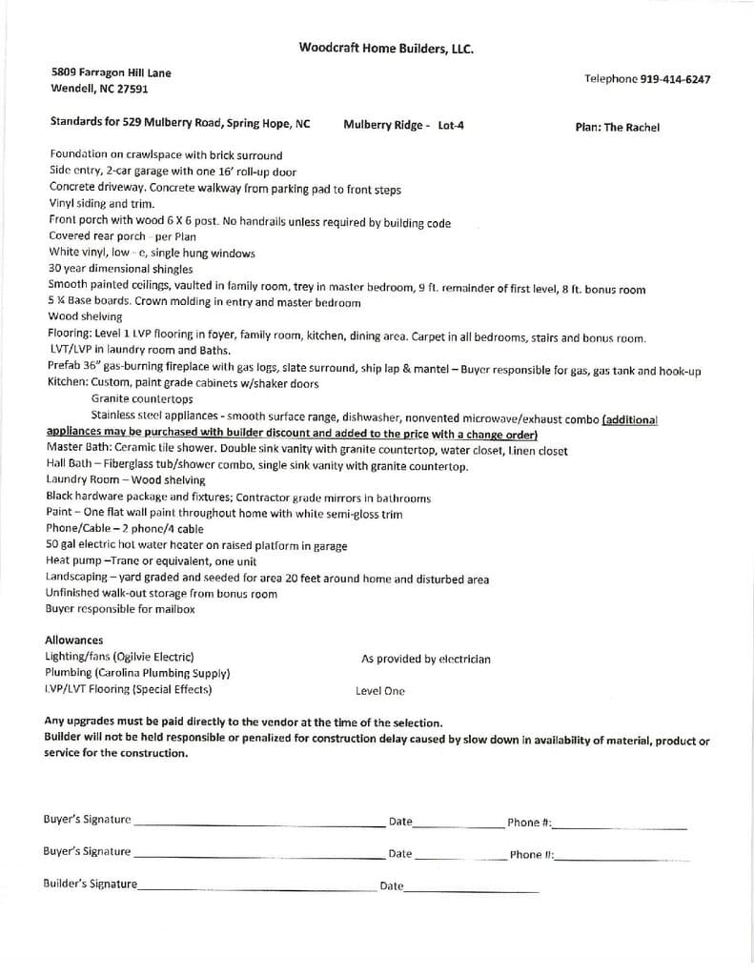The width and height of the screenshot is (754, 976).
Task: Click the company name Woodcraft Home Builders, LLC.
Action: (385, 48)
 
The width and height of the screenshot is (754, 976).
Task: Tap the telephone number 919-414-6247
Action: (674, 79)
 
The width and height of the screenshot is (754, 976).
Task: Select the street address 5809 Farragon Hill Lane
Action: (112, 72)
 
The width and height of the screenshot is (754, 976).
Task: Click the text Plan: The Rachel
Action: (617, 127)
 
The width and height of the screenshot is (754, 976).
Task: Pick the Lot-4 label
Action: (451, 125)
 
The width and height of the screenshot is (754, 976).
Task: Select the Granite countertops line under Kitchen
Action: (142, 398)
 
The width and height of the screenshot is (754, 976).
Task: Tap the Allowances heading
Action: (74, 640)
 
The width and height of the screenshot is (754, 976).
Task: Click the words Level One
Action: (379, 691)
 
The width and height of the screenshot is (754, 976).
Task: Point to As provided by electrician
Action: (425, 659)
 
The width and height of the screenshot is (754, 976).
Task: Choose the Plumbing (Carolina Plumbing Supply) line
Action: (137, 673)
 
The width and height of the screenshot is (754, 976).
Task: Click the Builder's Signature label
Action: (90, 884)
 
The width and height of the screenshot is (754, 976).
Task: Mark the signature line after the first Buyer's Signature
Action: (257, 823)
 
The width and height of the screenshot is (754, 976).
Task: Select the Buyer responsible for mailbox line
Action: (120, 609)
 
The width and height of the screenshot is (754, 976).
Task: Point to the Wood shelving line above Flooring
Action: (85, 316)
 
